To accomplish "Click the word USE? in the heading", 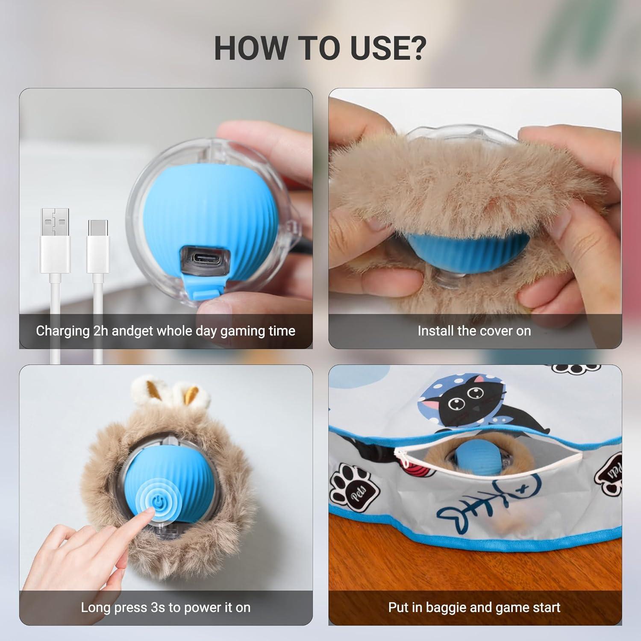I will [x=388, y=48].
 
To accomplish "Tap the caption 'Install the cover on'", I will [x=474, y=331].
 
